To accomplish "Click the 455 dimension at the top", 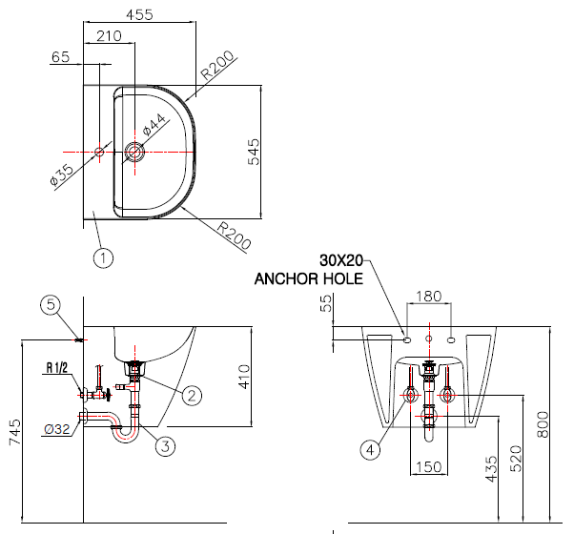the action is click(x=139, y=14).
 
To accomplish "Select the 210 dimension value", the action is click(x=109, y=36).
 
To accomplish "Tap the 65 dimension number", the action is click(x=60, y=57).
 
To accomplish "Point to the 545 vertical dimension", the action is click(x=254, y=152).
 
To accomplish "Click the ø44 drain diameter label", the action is click(x=154, y=125).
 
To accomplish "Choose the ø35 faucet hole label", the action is click(x=61, y=175).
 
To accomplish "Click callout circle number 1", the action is click(x=103, y=258).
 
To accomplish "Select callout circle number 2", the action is click(x=193, y=396).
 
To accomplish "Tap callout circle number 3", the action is click(x=165, y=446).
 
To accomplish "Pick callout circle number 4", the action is click(x=371, y=450).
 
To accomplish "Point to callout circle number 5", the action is click(x=51, y=305).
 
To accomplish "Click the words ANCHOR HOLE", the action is click(x=309, y=278).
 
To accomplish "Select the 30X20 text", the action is click(x=341, y=260).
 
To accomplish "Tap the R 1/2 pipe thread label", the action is click(x=57, y=367).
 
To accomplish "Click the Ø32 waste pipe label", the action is click(x=57, y=429).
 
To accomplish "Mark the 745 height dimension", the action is click(x=15, y=432).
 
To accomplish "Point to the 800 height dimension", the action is click(x=543, y=424).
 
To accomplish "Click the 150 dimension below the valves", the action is click(x=429, y=467).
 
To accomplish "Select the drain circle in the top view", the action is click(x=134, y=152).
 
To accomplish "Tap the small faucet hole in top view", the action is click(x=99, y=152).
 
